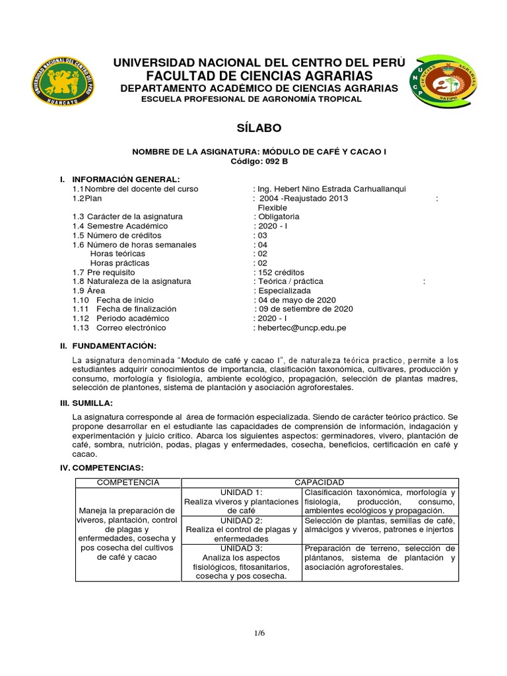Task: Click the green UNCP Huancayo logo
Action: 63,81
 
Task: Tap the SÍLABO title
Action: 253,127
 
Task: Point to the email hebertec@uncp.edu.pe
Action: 302,327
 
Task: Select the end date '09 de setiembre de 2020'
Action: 304,309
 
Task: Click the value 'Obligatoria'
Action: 278,217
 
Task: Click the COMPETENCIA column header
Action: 128,483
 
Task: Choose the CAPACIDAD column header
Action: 320,483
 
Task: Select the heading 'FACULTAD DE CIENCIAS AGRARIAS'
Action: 260,76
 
